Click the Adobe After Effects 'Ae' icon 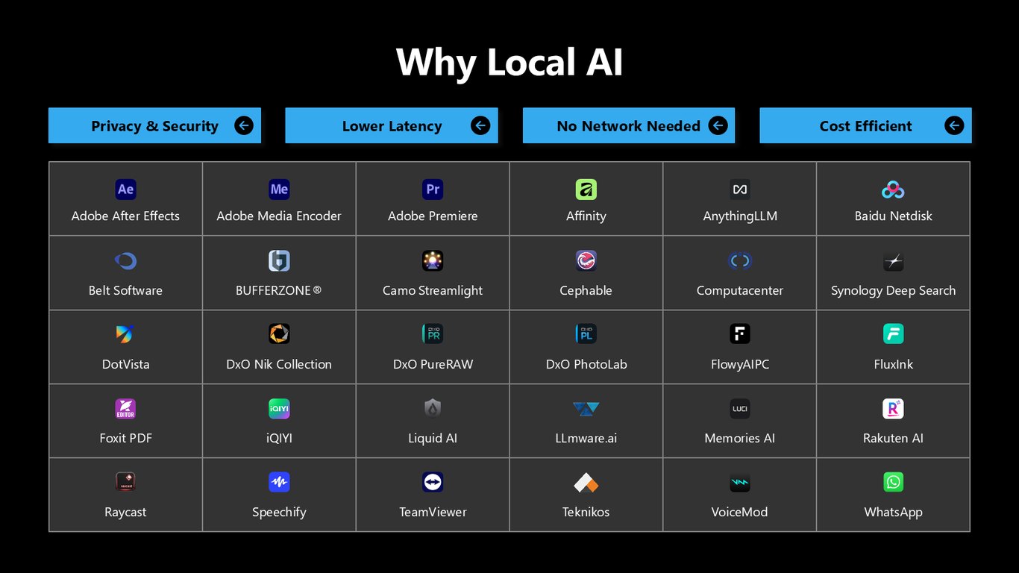click(x=125, y=190)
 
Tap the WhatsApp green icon click(x=893, y=482)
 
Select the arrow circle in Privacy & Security click(x=244, y=125)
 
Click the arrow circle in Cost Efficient click(x=954, y=125)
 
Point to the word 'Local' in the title click(x=532, y=62)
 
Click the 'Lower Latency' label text click(x=392, y=126)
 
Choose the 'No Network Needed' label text click(x=628, y=126)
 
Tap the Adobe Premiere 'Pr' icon click(x=433, y=190)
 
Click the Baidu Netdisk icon click(x=893, y=190)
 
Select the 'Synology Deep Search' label click(x=893, y=290)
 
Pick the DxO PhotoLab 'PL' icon click(x=586, y=334)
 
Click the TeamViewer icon click(x=433, y=482)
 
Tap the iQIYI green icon click(x=279, y=408)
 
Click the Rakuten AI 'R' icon click(x=893, y=408)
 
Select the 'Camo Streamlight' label click(x=432, y=290)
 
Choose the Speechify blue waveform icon click(x=279, y=482)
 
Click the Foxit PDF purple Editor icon click(x=125, y=408)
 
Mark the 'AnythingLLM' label click(x=740, y=216)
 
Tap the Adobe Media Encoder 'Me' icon click(x=279, y=190)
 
